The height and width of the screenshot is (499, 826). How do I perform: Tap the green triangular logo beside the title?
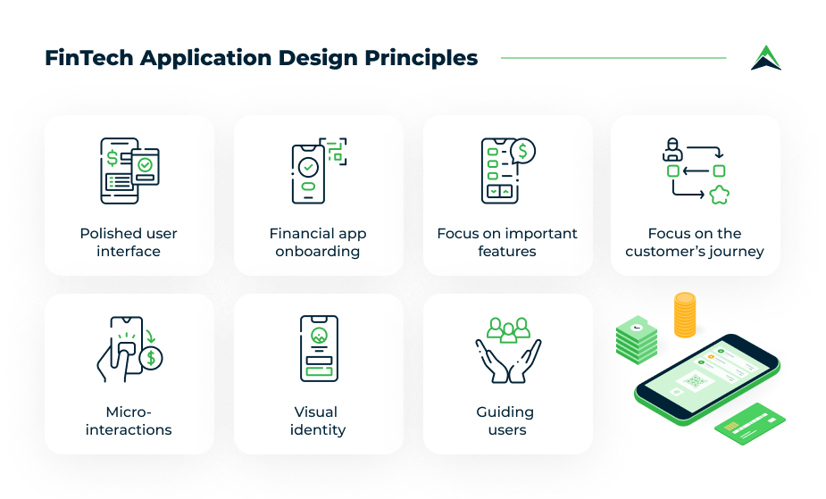(x=766, y=58)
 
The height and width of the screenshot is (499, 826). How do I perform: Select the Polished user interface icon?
(x=129, y=170)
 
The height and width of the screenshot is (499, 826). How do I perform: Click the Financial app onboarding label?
(x=318, y=242)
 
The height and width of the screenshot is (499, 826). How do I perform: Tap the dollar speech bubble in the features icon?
(x=522, y=151)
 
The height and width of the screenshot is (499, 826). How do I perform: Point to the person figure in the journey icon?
(x=672, y=149)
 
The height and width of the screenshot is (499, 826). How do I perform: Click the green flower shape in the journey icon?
(x=719, y=195)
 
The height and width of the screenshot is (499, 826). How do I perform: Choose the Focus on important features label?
(x=507, y=242)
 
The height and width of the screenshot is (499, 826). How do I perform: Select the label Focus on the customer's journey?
(x=695, y=242)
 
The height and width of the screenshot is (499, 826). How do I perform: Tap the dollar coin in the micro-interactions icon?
(x=151, y=358)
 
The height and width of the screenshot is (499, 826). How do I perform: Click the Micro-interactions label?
(x=129, y=420)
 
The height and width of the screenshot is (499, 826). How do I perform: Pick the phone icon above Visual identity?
(x=319, y=348)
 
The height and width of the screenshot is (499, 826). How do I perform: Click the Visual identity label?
(x=318, y=420)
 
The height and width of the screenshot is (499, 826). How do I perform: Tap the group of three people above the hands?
(x=508, y=330)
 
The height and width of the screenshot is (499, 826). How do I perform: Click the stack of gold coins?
(x=685, y=315)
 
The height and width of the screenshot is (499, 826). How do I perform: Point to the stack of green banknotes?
(x=637, y=340)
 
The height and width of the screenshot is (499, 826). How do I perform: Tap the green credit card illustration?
(x=750, y=424)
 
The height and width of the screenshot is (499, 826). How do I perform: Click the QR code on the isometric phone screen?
(x=696, y=381)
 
